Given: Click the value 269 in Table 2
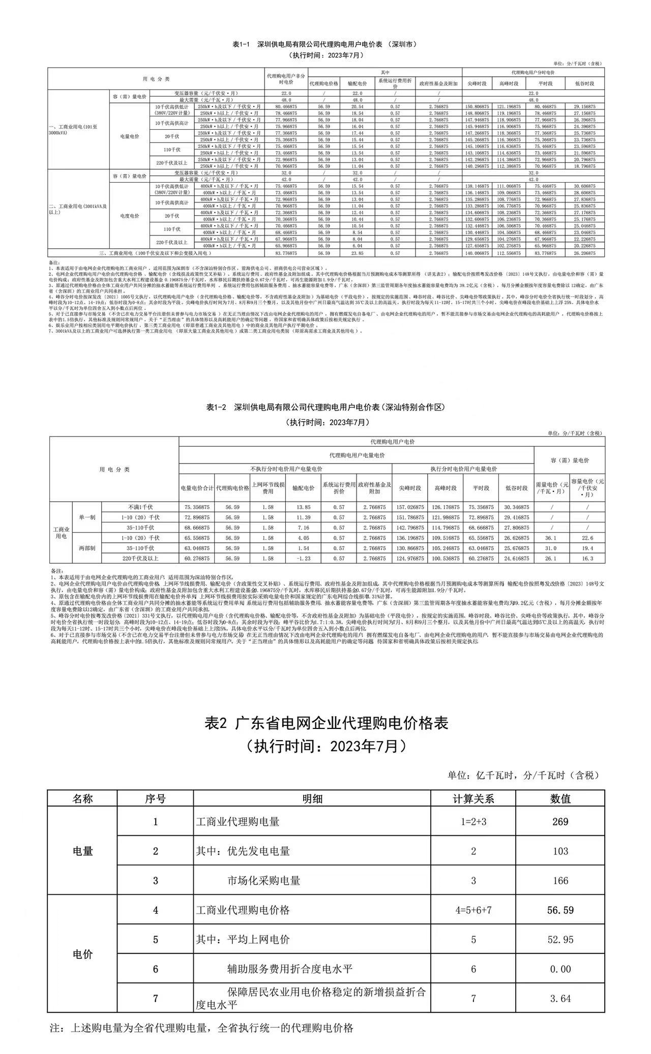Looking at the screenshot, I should [x=560, y=822].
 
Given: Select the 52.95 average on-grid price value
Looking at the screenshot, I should [x=560, y=940].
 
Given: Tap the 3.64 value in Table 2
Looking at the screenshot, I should [x=560, y=999].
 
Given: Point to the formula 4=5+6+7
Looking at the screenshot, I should [x=473, y=910].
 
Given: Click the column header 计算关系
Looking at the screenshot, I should [x=473, y=799].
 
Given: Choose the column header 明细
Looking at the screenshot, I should [x=312, y=799].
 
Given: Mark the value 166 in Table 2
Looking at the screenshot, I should [x=560, y=881].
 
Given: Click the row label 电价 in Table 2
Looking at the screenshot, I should [x=82, y=954].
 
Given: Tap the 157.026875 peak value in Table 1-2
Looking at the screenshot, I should [x=409, y=507].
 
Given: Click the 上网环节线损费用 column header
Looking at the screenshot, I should [x=268, y=488].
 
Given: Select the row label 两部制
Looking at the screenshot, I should [x=87, y=548].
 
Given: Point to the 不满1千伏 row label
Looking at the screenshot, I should [x=140, y=507].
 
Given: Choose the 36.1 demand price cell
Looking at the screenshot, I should [x=551, y=538].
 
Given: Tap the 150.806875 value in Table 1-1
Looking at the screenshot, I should [x=477, y=107].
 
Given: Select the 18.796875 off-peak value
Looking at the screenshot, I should [x=584, y=166].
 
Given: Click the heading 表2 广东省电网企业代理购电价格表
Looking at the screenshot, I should [x=326, y=723].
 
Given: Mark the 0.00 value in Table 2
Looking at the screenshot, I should [x=560, y=969].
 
